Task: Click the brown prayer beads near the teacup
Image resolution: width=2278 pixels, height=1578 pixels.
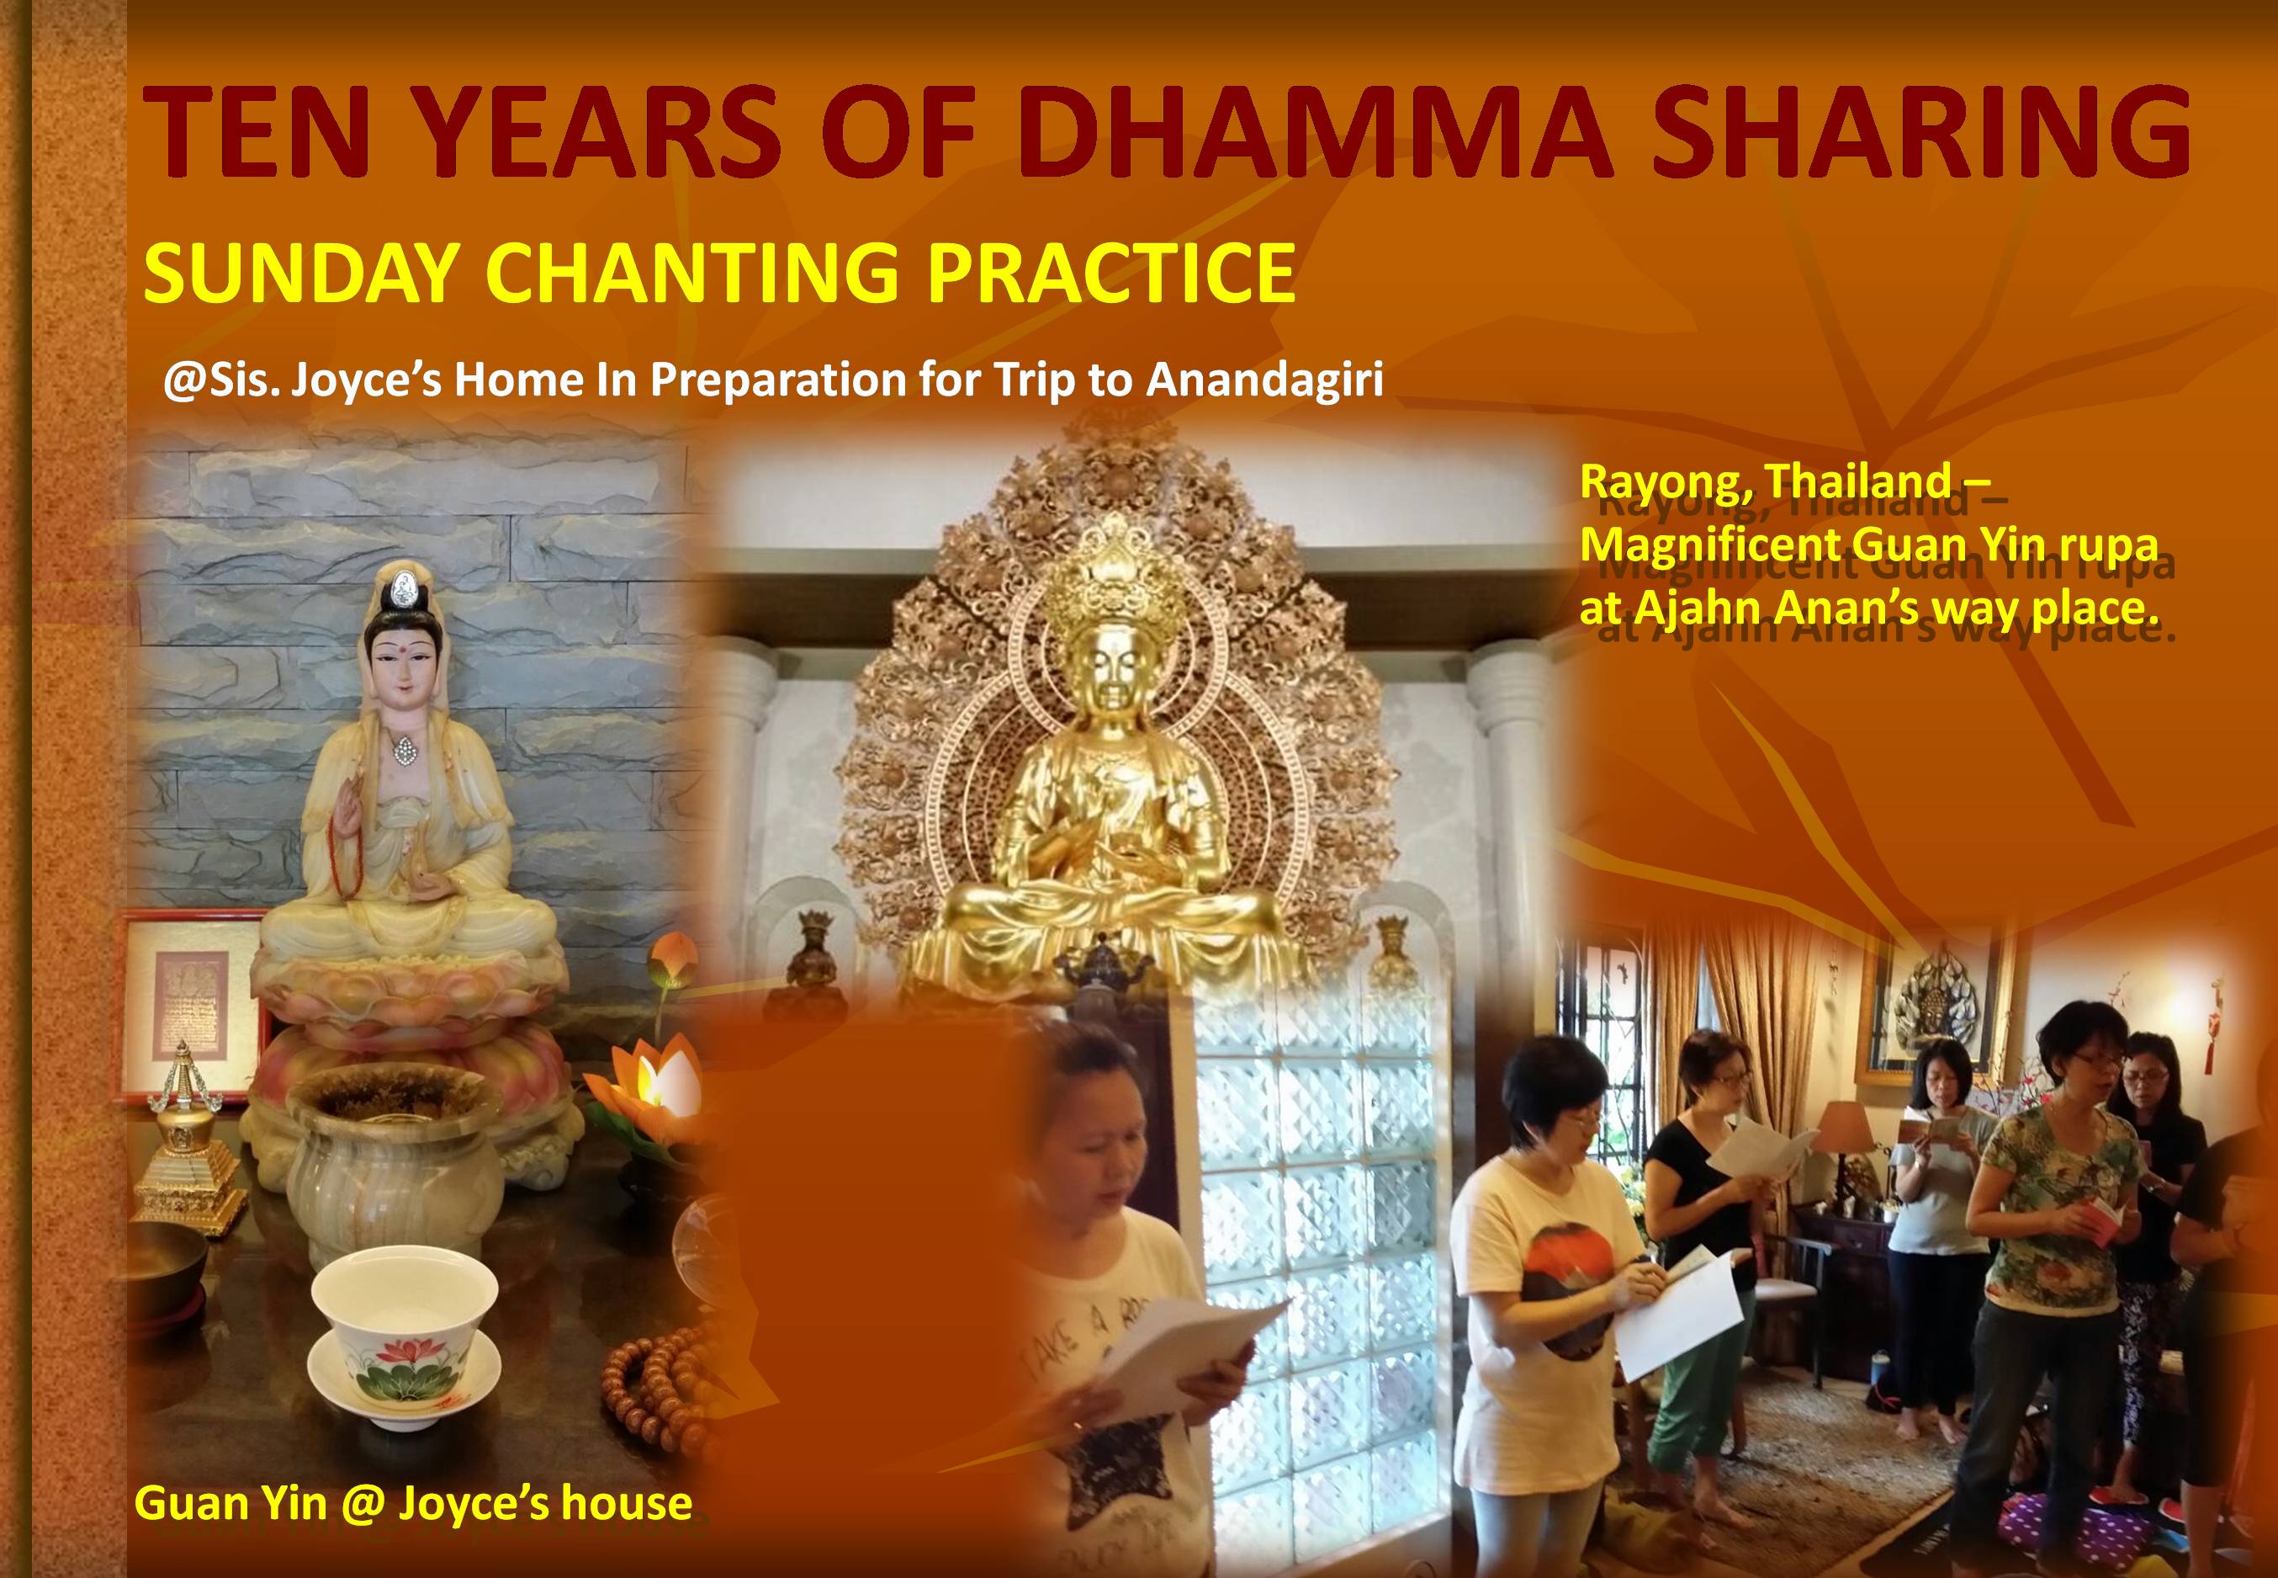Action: click(658, 1374)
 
